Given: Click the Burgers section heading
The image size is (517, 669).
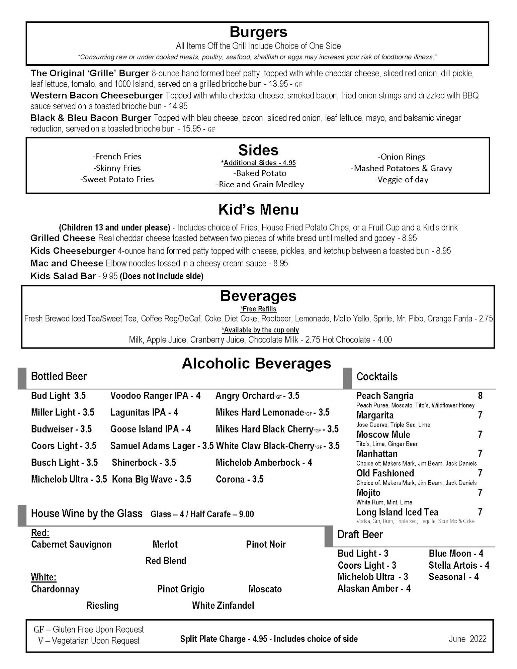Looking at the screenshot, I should pos(258,32).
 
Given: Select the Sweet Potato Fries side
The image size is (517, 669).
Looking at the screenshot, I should pos(117,179).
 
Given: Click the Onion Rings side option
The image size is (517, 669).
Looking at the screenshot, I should pos(401,157).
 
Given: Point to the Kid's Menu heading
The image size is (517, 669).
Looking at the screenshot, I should pos(258,210).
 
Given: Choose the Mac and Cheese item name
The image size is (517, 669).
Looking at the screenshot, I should pos(67,264).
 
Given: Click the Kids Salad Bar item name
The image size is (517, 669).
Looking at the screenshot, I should pos(63,276).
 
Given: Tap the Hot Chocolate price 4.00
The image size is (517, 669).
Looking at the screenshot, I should pos(384,340).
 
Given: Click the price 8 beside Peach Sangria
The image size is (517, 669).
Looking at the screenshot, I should pos(480,396).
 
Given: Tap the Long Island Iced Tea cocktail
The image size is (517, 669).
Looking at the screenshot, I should pos(397,512).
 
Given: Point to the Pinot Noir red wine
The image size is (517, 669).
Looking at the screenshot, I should pos(266,545).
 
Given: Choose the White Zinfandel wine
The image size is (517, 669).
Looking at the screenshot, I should pos(223,605).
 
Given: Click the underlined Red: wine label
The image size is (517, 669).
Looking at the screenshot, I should pos(40,533).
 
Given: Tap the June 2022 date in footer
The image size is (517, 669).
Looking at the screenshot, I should pos(467,639).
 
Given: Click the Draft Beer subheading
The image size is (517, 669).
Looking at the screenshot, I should pos(360,535).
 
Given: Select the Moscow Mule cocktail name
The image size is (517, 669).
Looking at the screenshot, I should pos(383,435).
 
